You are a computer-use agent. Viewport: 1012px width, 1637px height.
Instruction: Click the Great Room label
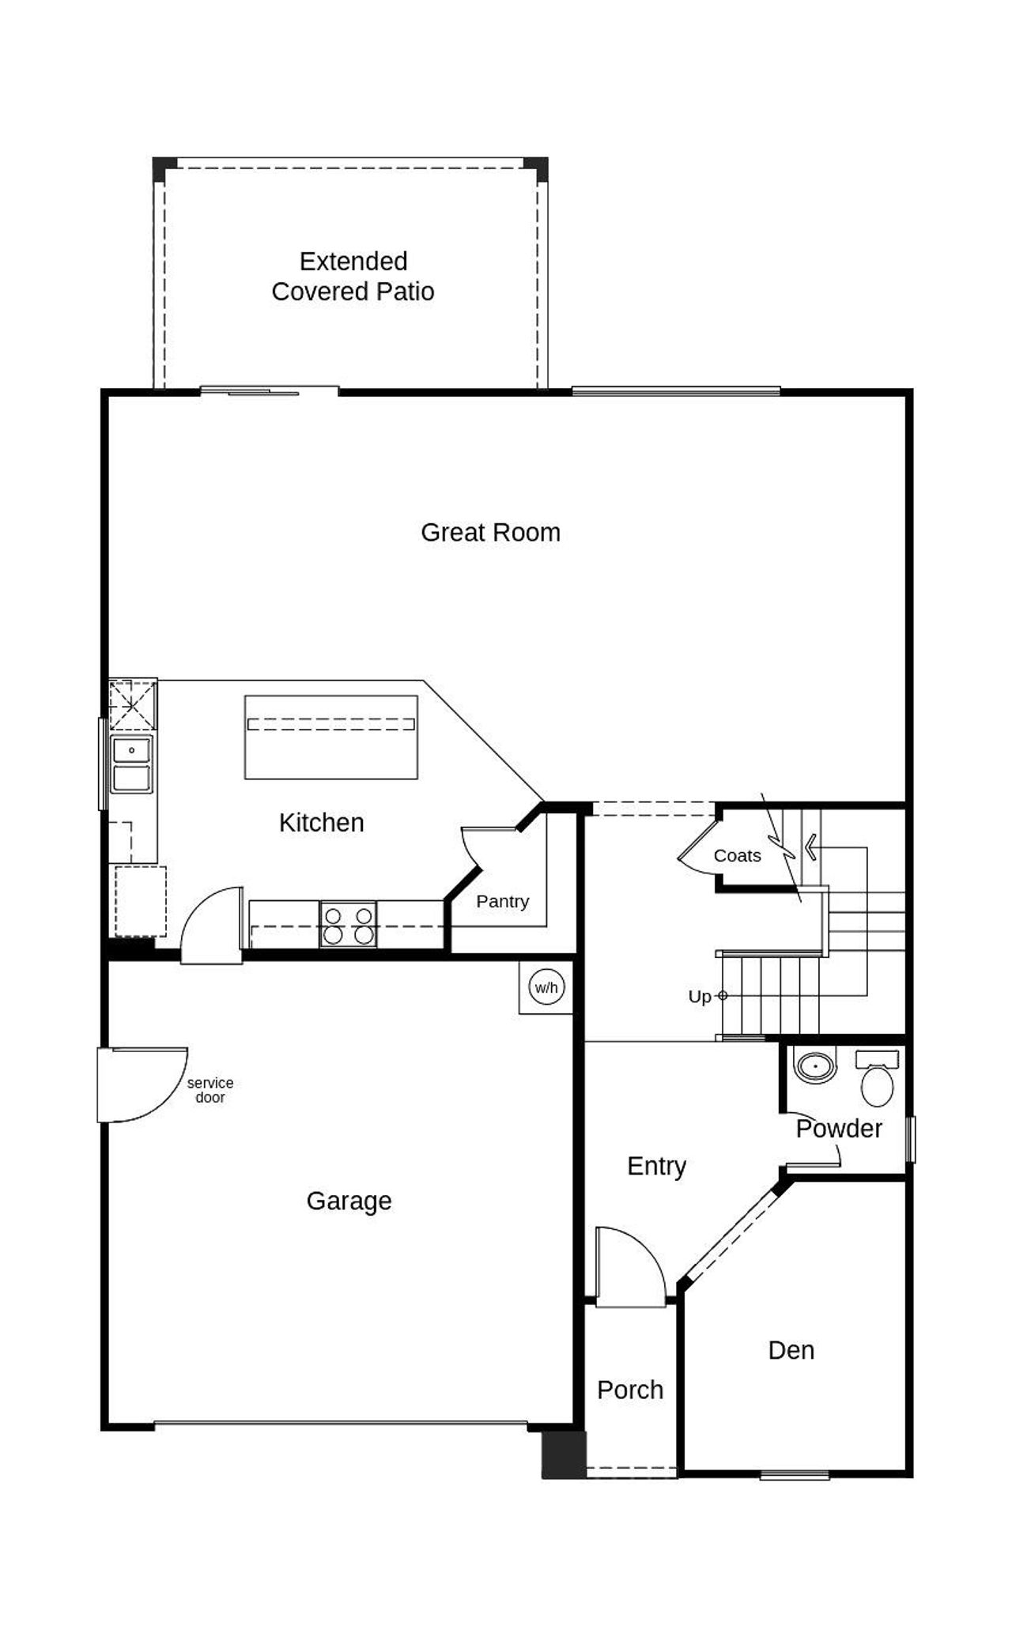click(x=490, y=532)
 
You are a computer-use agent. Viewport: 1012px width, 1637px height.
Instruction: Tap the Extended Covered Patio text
click(x=353, y=276)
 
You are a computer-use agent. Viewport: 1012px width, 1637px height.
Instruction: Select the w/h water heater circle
click(x=546, y=987)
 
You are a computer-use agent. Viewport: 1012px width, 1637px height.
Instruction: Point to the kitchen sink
click(x=131, y=764)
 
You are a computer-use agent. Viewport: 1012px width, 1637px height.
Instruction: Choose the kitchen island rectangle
click(x=330, y=737)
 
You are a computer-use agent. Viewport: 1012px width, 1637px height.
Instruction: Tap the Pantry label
click(x=502, y=901)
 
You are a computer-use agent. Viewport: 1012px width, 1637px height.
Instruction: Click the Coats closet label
click(x=737, y=855)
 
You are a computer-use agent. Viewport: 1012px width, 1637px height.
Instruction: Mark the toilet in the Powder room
click(x=876, y=1081)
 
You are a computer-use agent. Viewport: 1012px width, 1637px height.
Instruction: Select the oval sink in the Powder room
click(x=815, y=1066)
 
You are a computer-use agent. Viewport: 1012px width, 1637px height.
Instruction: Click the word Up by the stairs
click(x=699, y=997)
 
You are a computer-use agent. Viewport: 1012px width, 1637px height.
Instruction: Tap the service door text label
click(x=210, y=1090)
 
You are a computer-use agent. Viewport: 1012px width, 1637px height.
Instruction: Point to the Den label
click(x=791, y=1351)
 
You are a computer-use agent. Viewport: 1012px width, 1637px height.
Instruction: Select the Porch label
click(x=629, y=1390)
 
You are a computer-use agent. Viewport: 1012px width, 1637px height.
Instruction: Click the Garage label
click(x=349, y=1201)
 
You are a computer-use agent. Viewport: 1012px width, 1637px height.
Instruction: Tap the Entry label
click(x=656, y=1166)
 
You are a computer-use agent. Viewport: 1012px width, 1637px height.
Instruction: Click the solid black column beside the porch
click(x=563, y=1454)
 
